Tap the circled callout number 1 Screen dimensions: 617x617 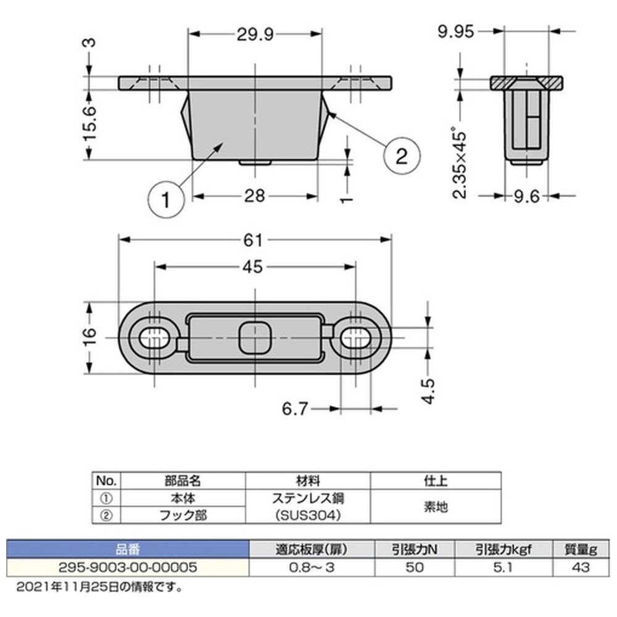[x=165, y=200]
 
